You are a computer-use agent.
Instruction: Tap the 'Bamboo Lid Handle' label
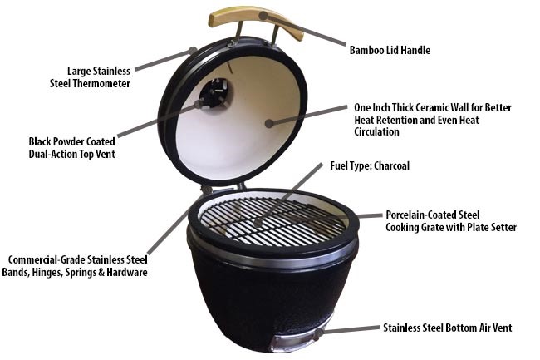[390, 50]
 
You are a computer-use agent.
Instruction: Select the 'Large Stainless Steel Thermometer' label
[90, 77]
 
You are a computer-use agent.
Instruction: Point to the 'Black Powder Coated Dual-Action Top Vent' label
[72, 147]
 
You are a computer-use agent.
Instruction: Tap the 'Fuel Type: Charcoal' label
[370, 165]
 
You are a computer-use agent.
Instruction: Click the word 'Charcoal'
[391, 165]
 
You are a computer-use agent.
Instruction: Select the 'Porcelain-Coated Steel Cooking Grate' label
[451, 221]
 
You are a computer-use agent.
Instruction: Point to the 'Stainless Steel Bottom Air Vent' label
[447, 328]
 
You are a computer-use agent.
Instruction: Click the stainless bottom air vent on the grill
[294, 340]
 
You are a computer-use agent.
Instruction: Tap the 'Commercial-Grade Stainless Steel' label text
[78, 259]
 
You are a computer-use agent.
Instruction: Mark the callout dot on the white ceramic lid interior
[269, 123]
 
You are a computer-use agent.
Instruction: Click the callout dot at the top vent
[198, 104]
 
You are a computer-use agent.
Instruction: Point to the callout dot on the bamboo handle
[263, 15]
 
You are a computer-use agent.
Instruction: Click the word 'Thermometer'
[101, 83]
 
